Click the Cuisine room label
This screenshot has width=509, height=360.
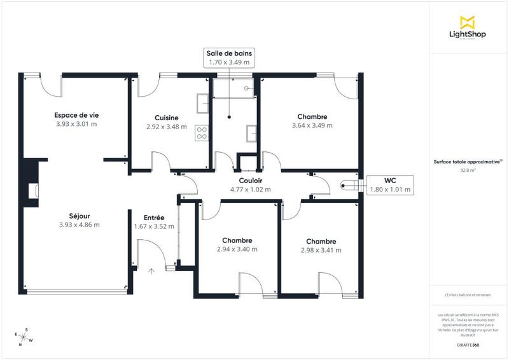pyautogui.click(x=166, y=118)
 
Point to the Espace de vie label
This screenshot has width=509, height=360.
pyautogui.click(x=76, y=115)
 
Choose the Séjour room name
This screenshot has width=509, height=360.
pyautogui.click(x=79, y=216)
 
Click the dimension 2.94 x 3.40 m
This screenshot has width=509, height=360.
pyautogui.click(x=237, y=249)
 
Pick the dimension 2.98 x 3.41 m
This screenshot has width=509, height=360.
pyautogui.click(x=321, y=251)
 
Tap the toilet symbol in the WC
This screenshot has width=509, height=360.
pyautogui.click(x=349, y=186)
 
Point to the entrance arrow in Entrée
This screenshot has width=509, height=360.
pyautogui.click(x=151, y=272)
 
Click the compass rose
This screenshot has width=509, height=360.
pyautogui.click(x=24, y=336)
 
